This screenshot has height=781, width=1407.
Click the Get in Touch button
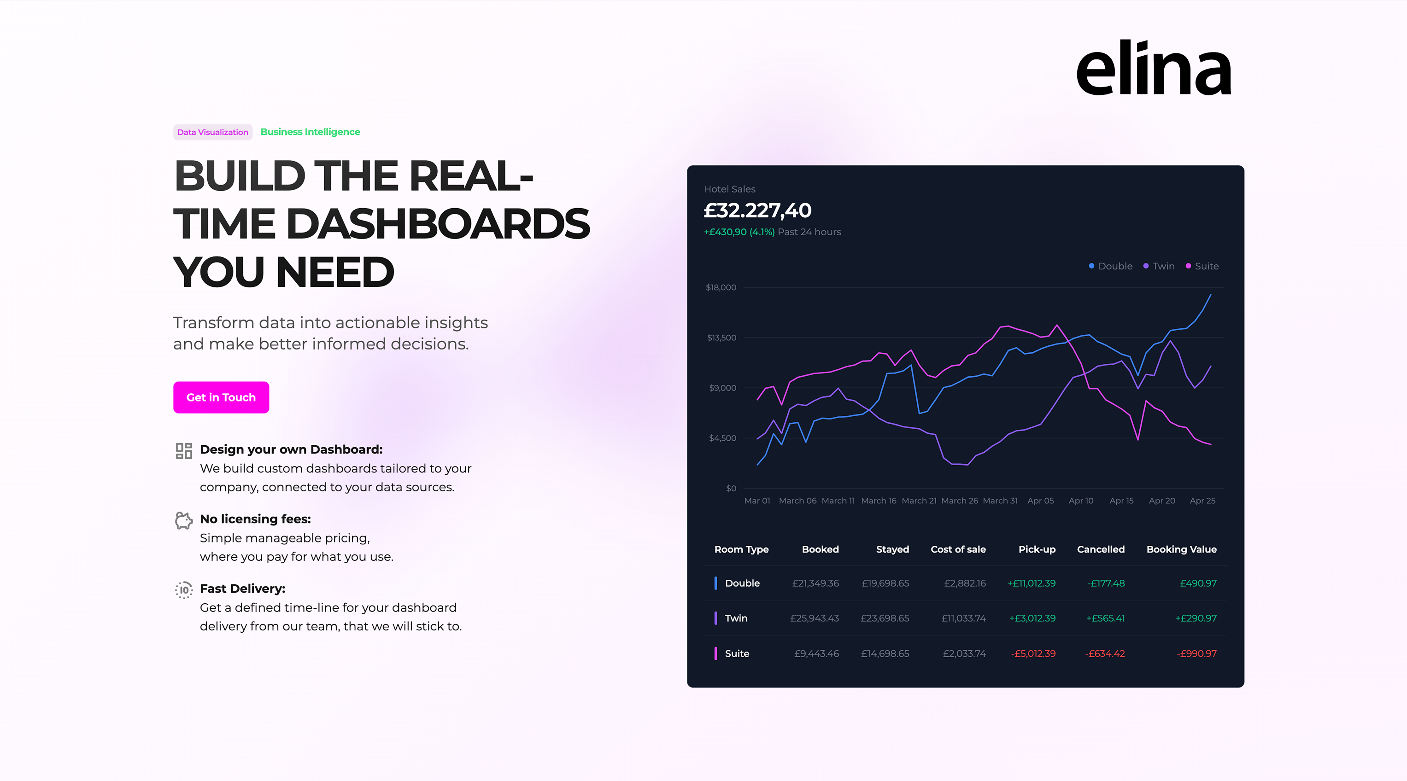coord(221,397)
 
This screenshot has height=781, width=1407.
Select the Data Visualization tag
coord(212,132)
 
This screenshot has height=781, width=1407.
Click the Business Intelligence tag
coord(310,132)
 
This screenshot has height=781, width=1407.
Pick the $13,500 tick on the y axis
coord(721,338)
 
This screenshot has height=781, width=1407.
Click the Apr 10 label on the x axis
coord(1080,501)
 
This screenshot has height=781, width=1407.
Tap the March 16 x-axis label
coord(878,501)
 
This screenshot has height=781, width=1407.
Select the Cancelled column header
coord(1100,549)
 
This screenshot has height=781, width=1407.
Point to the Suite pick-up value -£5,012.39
coord(1033,653)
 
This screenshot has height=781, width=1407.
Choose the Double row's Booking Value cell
coord(1198,583)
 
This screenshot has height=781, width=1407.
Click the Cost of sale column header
coord(958,549)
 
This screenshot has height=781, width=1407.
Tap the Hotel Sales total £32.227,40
coord(757,210)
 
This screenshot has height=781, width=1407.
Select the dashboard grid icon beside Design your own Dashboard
coord(183,451)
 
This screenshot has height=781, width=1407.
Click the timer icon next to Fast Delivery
coord(183,590)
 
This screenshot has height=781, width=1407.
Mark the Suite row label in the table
coord(736,653)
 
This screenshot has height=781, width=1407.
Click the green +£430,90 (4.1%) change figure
coord(739,232)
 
